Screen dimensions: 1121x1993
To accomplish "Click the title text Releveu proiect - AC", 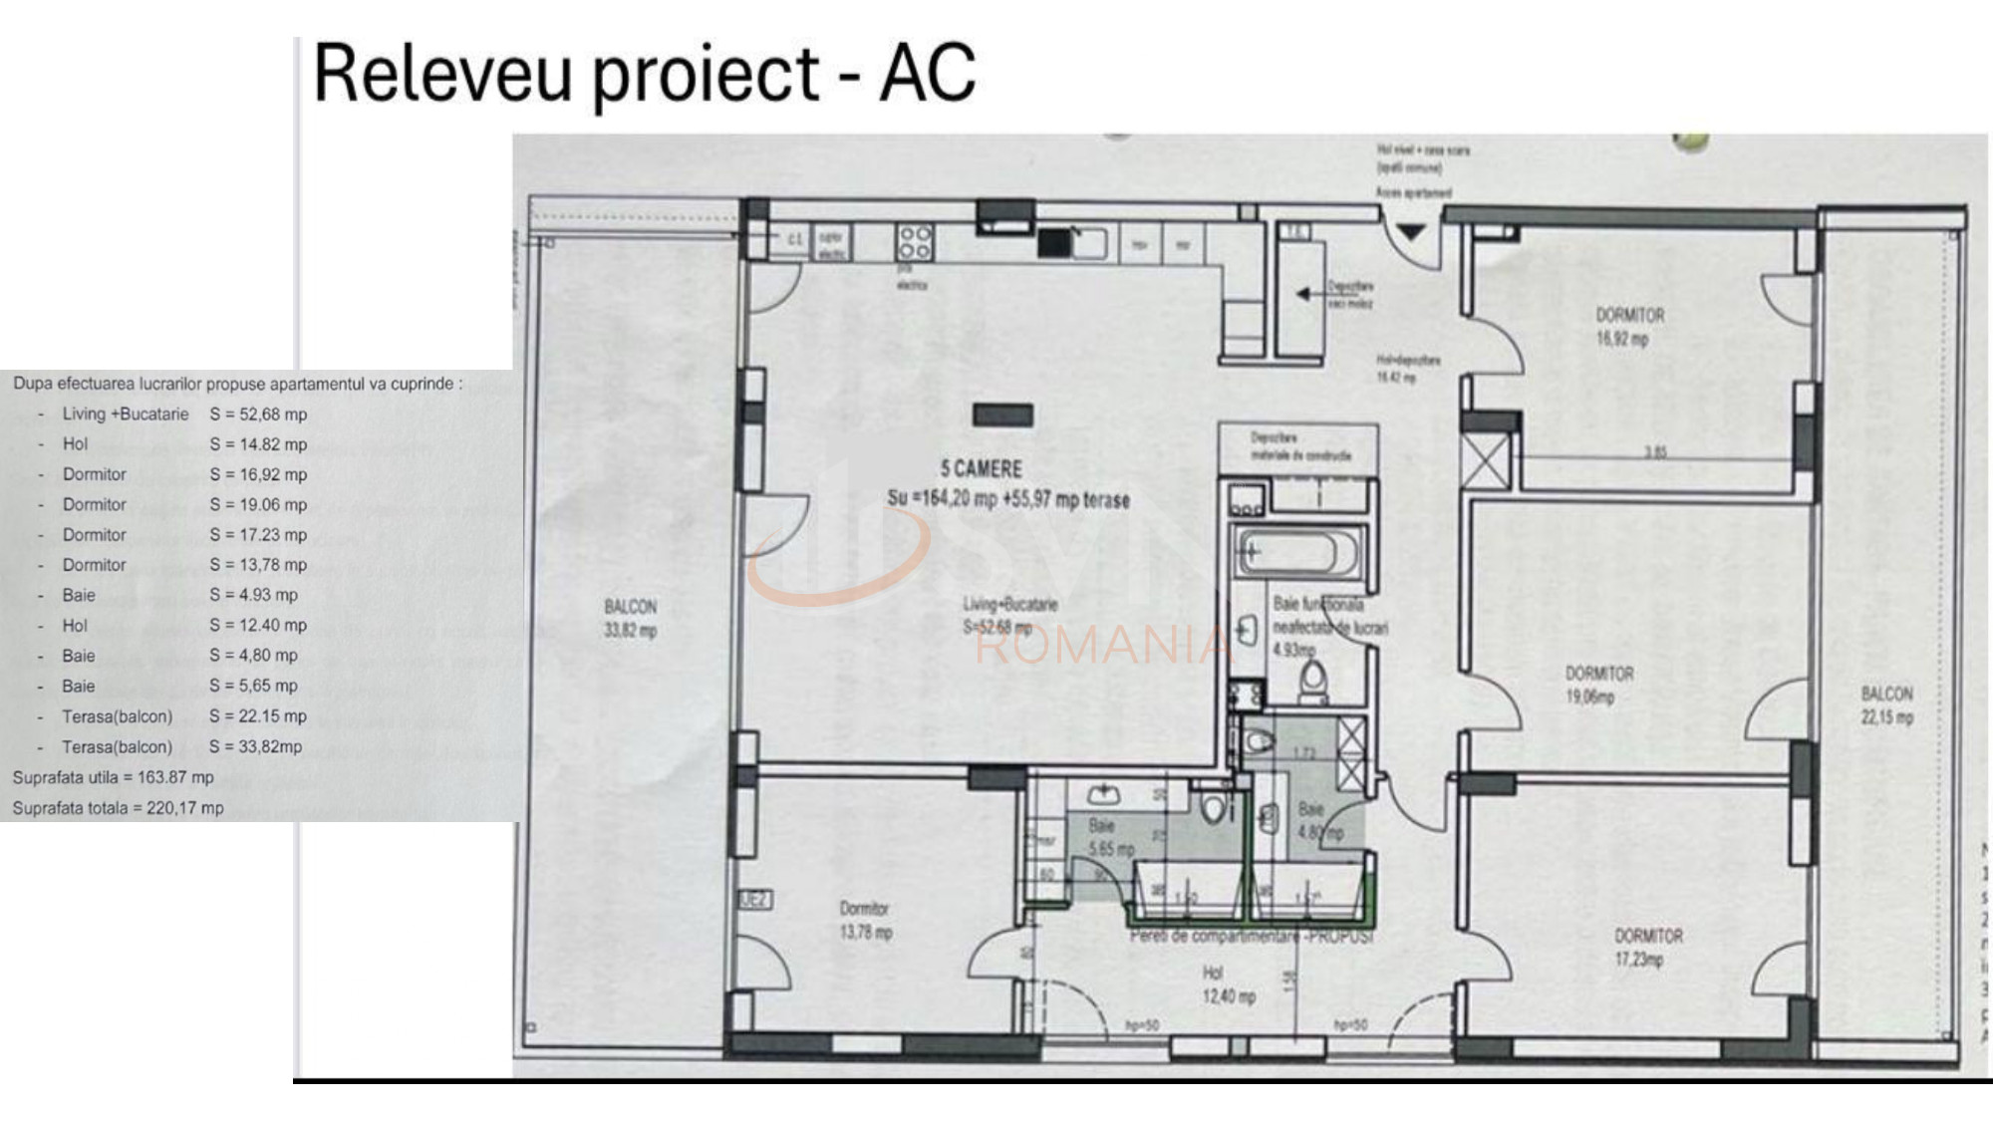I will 644,74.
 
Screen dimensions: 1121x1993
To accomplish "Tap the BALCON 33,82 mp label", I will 630,618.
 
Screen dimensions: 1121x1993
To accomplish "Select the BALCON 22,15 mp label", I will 1886,704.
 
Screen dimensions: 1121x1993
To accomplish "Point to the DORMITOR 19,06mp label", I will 1598,685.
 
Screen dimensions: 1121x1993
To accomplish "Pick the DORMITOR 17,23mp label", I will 1648,948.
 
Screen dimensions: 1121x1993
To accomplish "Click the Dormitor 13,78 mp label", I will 865,920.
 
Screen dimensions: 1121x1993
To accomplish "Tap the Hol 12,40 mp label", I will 1228,984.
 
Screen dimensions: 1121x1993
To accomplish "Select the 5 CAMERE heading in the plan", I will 981,468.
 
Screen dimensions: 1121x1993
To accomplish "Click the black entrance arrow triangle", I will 1410,232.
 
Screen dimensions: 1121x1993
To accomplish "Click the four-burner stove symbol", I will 914,242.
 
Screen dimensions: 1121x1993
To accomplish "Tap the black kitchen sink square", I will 1053,242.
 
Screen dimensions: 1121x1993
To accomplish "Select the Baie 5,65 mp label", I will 1109,837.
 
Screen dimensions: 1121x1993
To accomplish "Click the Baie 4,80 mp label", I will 1317,821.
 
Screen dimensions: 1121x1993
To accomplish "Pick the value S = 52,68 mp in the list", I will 258,414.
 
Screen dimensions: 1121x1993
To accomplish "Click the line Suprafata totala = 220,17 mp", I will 118,808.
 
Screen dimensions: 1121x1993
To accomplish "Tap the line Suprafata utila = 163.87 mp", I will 113,777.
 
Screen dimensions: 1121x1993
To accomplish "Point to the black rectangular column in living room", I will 1002,415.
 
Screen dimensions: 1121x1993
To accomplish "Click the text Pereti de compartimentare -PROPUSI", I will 1251,937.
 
